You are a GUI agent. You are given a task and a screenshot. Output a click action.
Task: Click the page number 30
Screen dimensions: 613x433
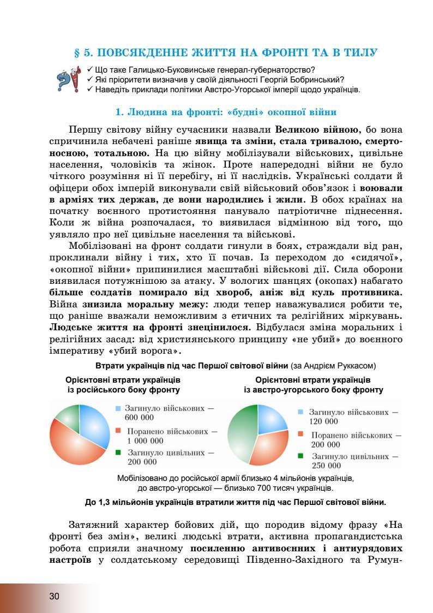pyautogui.click(x=54, y=596)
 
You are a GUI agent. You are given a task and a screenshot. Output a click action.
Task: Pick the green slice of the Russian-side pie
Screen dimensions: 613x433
pyautogui.click(x=67, y=416)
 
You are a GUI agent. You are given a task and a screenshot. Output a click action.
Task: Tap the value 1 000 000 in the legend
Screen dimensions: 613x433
pyautogui.click(x=145, y=441)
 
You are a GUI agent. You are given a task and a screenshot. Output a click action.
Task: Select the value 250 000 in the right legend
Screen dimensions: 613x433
pyautogui.click(x=326, y=466)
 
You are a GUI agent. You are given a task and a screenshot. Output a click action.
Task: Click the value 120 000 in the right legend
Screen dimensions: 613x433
pyautogui.click(x=323, y=421)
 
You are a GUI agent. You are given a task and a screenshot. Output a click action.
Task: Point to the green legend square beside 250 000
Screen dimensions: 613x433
pyautogui.click(x=300, y=456)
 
